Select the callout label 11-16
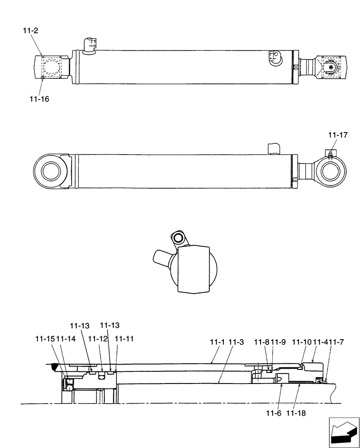39,99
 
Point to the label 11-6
276,414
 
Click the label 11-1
218,342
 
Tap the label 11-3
236,342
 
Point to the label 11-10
302,342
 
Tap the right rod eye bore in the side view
332,171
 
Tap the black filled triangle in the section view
54,367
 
